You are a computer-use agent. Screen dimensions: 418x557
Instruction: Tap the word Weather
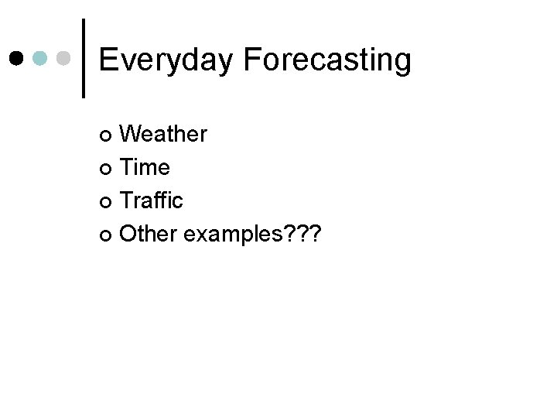tap(164, 135)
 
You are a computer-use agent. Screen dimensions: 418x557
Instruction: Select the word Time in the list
tap(146, 167)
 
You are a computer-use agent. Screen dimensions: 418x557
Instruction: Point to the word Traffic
tap(152, 200)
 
